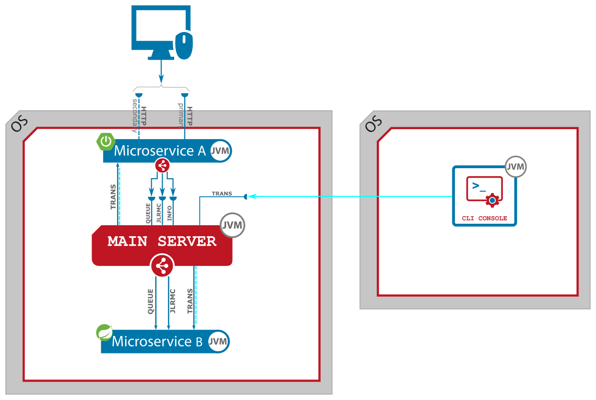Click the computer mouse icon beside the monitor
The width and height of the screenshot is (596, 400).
184,45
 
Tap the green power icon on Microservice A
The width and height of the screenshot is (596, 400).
106,143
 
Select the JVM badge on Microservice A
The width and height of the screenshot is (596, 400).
220,151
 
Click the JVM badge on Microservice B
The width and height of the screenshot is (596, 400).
218,341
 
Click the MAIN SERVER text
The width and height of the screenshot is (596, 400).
162,241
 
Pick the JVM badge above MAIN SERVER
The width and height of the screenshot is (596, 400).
232,226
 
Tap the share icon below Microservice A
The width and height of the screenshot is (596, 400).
162,165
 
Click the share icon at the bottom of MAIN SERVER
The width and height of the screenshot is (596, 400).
162,266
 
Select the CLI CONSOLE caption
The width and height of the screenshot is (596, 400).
484,218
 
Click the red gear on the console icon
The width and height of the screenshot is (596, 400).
492,201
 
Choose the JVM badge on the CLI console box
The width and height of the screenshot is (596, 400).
515,166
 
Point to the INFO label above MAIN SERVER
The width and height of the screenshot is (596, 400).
170,213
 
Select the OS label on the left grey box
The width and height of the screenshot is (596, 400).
20,124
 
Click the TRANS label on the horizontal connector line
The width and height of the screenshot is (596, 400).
222,194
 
